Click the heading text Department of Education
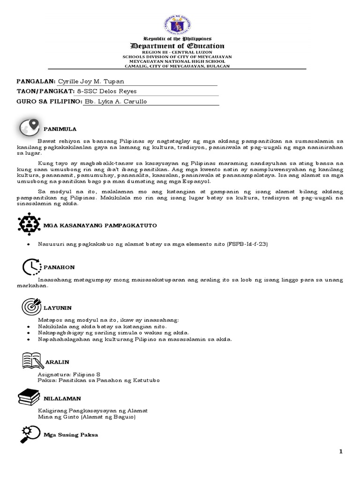[x=177, y=46]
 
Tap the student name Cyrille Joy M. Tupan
[x=91, y=82]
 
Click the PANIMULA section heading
[x=60, y=128]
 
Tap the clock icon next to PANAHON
[x=31, y=266]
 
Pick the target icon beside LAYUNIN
[x=31, y=307]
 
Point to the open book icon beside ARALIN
[x=33, y=360]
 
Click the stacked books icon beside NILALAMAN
[x=29, y=397]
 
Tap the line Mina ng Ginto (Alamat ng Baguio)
[x=87, y=417]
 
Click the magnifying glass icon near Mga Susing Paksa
[x=30, y=434]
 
